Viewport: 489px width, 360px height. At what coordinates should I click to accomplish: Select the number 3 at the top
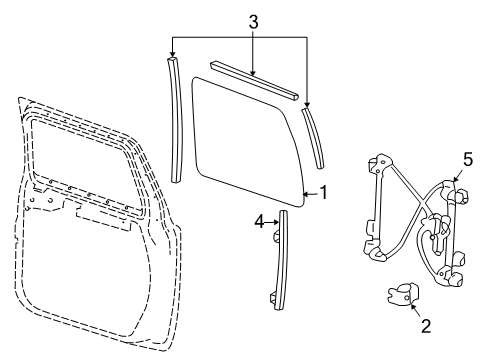(x=253, y=19)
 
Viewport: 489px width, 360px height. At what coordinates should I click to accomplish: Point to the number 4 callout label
(x=259, y=223)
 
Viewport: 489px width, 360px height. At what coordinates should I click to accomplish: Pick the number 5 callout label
(x=466, y=156)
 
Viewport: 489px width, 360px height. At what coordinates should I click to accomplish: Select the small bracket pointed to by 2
(x=400, y=295)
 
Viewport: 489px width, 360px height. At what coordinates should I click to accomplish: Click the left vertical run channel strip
(x=174, y=120)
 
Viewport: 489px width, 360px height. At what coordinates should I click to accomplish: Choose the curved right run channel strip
(x=316, y=135)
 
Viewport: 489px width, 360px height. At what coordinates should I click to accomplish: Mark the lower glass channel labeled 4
(x=280, y=260)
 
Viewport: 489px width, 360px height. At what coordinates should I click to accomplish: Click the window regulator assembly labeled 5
(x=415, y=220)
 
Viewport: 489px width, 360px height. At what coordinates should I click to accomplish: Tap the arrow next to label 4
(x=271, y=224)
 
